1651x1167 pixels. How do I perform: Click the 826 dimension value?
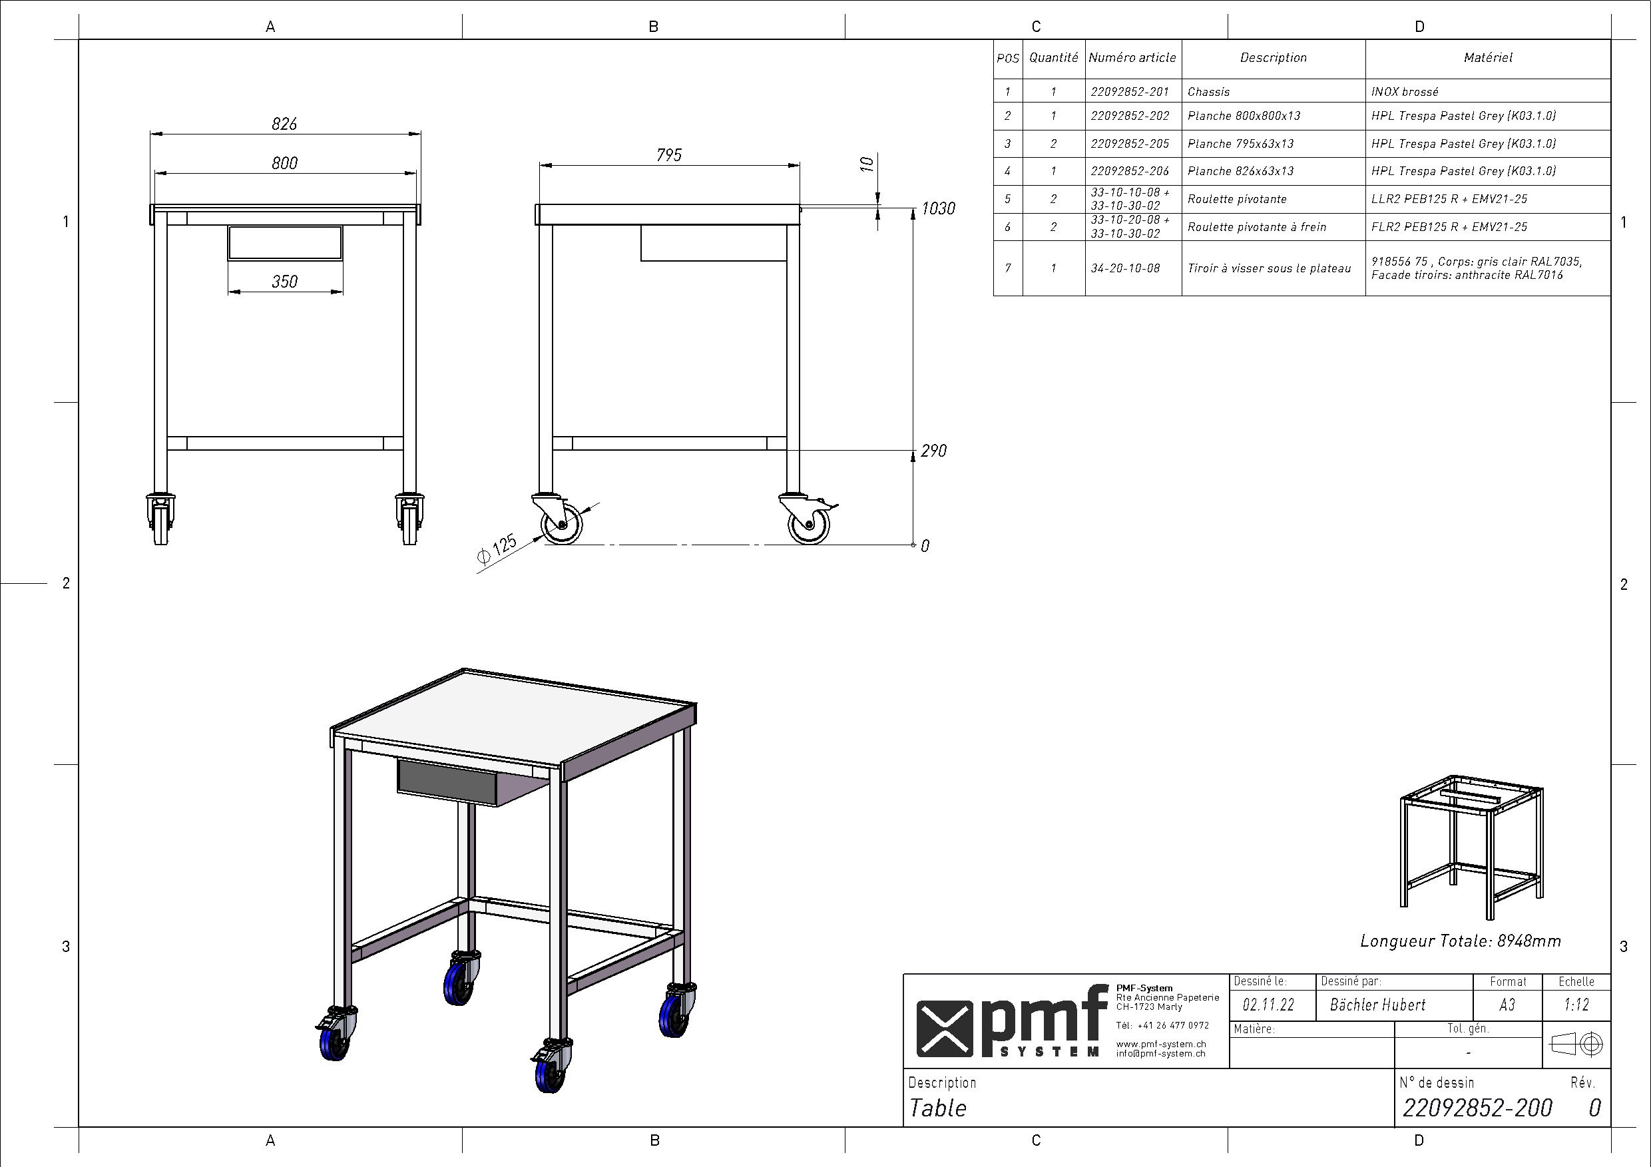click(285, 124)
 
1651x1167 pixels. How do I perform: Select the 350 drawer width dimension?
click(285, 281)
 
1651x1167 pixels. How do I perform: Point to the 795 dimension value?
click(669, 154)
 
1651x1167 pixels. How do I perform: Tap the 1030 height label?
click(939, 208)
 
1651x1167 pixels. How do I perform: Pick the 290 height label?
click(933, 451)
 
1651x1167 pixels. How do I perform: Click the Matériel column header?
click(1488, 57)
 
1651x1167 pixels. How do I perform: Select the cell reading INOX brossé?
click(1405, 92)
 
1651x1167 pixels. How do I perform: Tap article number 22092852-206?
click(1130, 171)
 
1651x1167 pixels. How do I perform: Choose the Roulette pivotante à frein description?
click(1257, 227)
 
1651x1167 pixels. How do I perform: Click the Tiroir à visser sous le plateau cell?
click(1269, 268)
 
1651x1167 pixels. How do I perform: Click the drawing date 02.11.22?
click(1268, 1005)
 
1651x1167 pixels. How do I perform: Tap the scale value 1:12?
click(1577, 1005)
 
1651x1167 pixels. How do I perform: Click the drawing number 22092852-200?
click(1478, 1108)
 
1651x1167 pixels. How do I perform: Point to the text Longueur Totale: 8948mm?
click(1461, 941)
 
